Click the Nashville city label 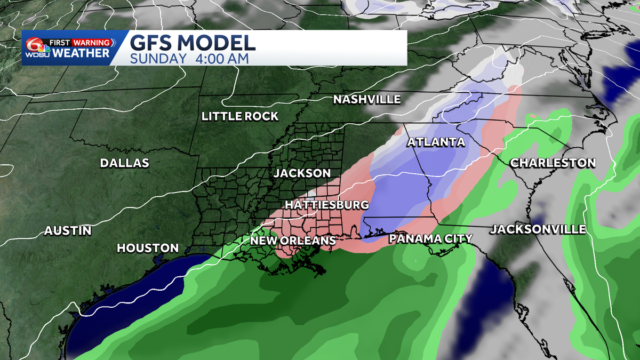click(366, 99)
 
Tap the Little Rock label click(240, 116)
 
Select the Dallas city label click(125, 163)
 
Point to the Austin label click(68, 231)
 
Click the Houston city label click(148, 248)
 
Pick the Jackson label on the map click(302, 173)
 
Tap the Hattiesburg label click(327, 205)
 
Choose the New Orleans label click(293, 241)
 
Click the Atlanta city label click(436, 142)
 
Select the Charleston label click(553, 163)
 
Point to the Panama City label click(430, 238)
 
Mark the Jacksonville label click(538, 229)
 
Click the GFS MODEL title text click(193, 43)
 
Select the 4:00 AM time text click(221, 59)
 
